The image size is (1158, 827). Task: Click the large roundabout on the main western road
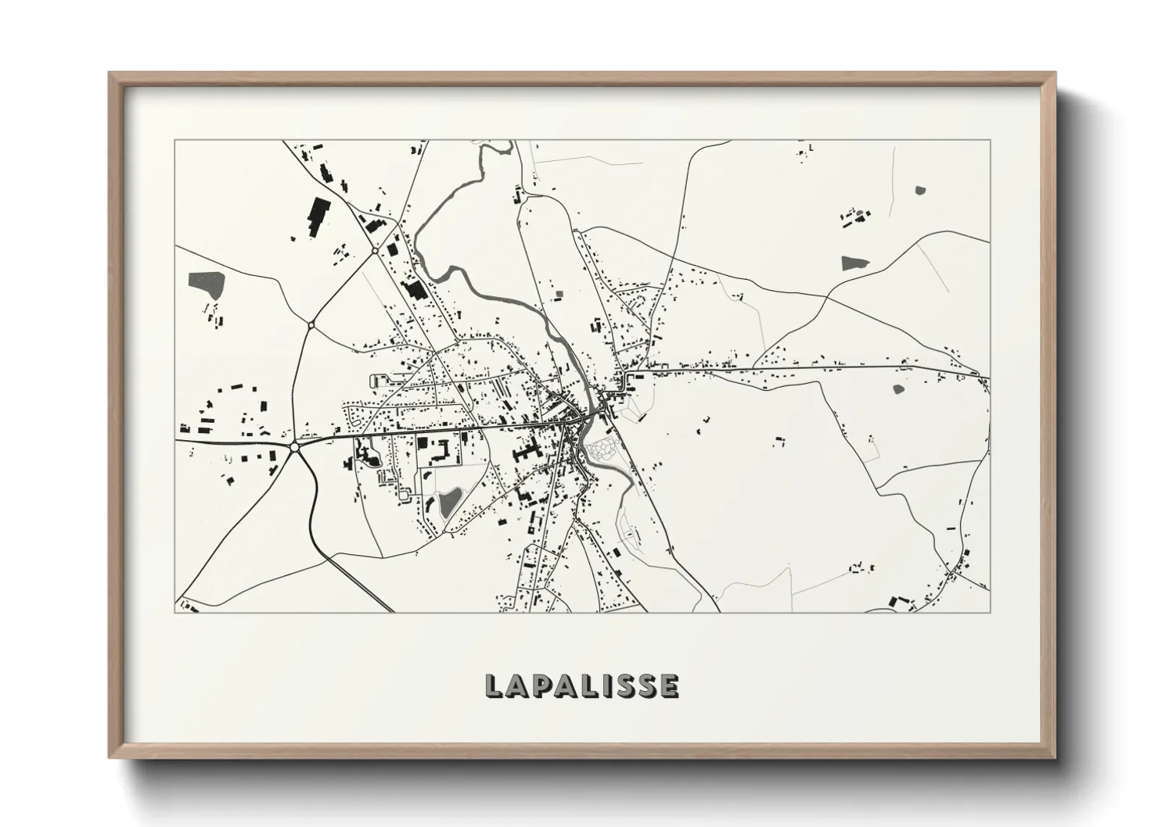295,447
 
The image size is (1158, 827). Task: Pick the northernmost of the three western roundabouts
376,251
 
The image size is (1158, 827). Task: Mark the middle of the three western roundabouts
311,324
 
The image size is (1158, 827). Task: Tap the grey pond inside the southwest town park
448,503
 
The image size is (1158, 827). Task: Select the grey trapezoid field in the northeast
856,263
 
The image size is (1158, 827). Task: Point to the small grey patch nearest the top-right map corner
919,189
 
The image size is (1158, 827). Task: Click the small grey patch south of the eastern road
897,388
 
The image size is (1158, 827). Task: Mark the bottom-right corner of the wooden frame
1054,761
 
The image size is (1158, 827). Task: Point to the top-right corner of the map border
990,141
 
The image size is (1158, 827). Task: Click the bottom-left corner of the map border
175,612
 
